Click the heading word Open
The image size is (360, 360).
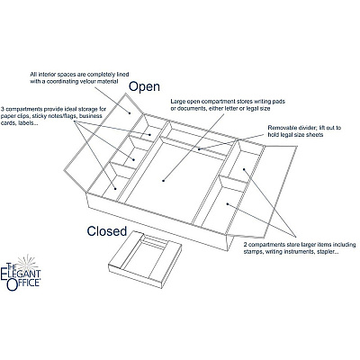[x=144, y=86]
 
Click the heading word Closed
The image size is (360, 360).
[x=107, y=231]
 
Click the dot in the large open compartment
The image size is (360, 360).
[x=164, y=181]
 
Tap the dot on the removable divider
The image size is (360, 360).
[x=199, y=149]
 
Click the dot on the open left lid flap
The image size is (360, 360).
[x=130, y=113]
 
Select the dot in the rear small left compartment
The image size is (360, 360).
[x=149, y=134]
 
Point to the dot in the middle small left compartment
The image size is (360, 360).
[x=134, y=159]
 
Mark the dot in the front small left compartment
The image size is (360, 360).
[x=115, y=188]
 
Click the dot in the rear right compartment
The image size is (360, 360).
[x=244, y=169]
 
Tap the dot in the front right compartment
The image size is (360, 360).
[x=228, y=204]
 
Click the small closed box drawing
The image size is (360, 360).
[x=145, y=260]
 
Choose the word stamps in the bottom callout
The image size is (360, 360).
[x=253, y=252]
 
